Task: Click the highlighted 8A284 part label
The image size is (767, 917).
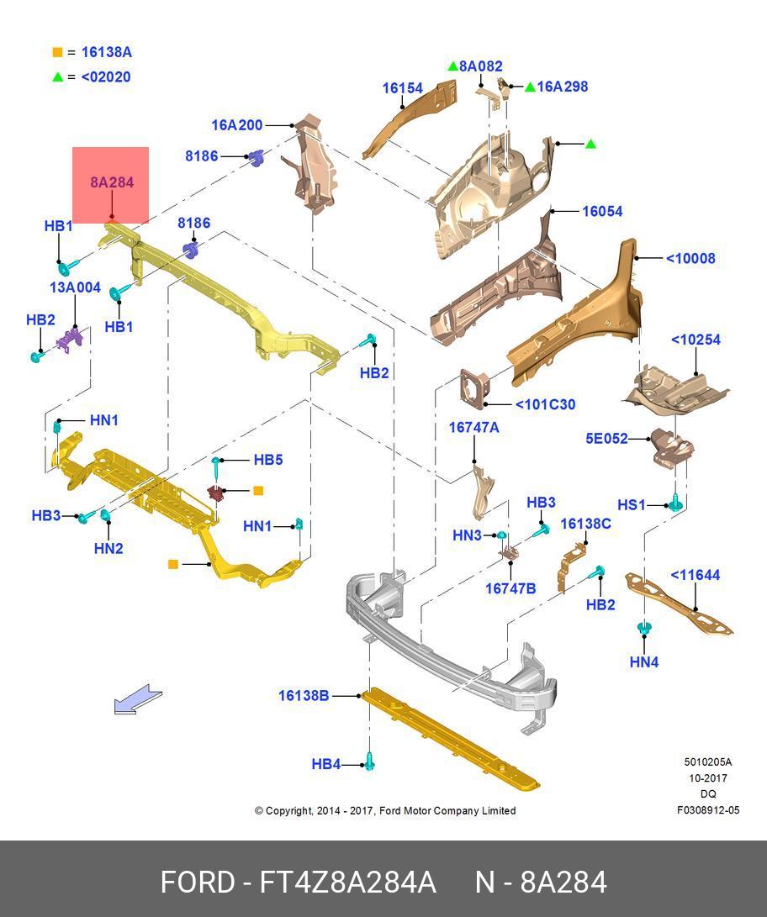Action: click(x=112, y=182)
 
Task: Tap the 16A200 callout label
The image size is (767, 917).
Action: click(x=236, y=125)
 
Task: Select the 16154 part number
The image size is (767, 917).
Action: click(x=402, y=88)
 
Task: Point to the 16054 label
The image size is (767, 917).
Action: click(x=602, y=211)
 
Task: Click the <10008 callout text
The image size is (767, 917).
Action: click(x=690, y=258)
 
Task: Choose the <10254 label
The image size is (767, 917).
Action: click(x=696, y=340)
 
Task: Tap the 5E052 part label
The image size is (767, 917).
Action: click(x=606, y=438)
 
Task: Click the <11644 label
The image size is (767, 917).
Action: click(x=695, y=575)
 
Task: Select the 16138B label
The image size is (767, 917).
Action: click(x=304, y=695)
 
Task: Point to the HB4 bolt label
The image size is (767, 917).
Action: click(x=325, y=764)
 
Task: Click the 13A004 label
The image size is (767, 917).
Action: click(x=75, y=287)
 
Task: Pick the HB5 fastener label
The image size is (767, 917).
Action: click(x=268, y=460)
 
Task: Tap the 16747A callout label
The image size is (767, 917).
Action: click(x=473, y=427)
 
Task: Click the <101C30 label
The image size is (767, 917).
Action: click(x=545, y=404)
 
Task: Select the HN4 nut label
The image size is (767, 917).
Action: click(x=643, y=662)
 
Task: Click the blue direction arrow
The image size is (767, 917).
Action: click(x=138, y=699)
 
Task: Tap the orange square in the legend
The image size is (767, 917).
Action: click(x=57, y=52)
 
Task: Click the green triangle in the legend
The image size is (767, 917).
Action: click(x=57, y=77)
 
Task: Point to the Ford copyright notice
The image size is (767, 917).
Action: click(x=385, y=810)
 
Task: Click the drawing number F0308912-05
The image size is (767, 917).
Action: click(x=708, y=810)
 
